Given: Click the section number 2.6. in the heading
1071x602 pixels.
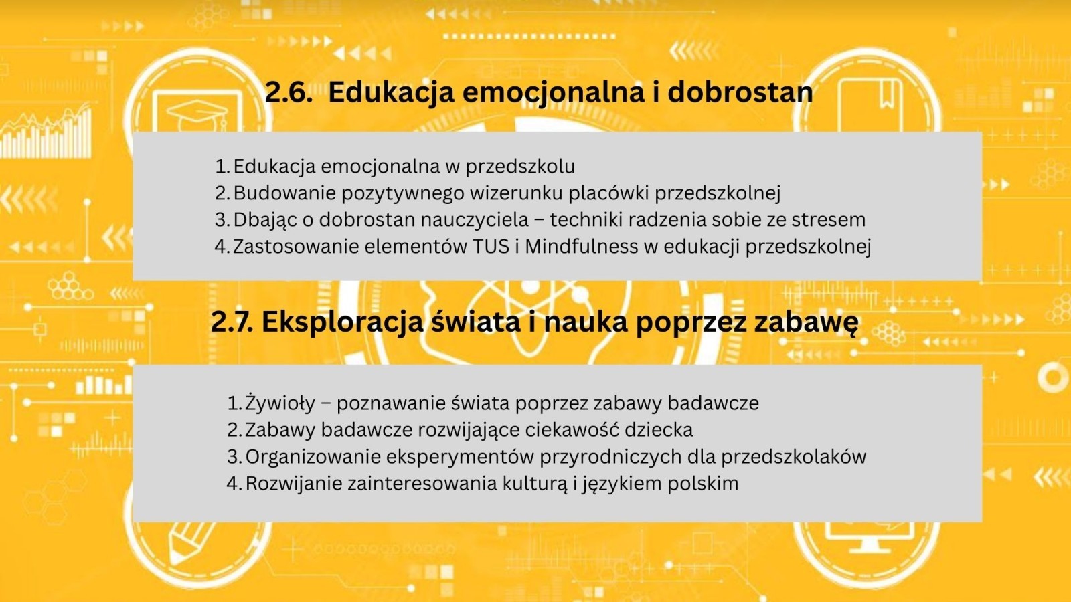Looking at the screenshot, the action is pyautogui.click(x=289, y=92).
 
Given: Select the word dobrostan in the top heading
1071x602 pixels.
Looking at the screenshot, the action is pyautogui.click(x=740, y=92).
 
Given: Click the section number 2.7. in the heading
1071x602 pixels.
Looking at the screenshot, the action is pyautogui.click(x=232, y=322).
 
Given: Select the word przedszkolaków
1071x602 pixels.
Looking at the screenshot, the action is pyautogui.click(x=794, y=457).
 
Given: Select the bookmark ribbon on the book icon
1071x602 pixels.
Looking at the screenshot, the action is pyautogui.click(x=888, y=94).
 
